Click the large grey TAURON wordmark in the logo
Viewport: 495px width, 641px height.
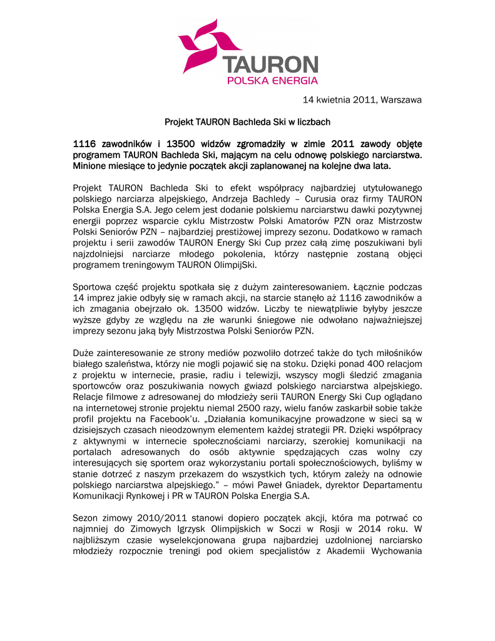270,65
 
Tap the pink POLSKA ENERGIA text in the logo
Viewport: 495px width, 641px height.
272,80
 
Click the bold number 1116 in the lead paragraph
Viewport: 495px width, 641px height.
86,145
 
